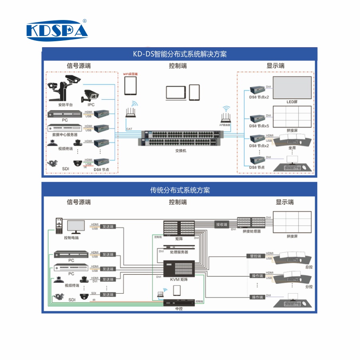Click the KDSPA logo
pyautogui.click(x=57, y=30)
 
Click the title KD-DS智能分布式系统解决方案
pyautogui.click(x=180, y=54)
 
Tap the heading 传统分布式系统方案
pyautogui.click(x=180, y=190)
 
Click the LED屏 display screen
pyautogui.click(x=292, y=88)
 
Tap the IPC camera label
pyautogui.click(x=91, y=105)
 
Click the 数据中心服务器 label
pyautogui.click(x=64, y=135)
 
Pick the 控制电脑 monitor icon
pyautogui.click(x=76, y=227)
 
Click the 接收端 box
pyautogui.click(x=221, y=224)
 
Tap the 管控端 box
pyautogui.click(x=255, y=256)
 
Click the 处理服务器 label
pyautogui.click(x=179, y=252)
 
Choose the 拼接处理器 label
pyautogui.click(x=252, y=231)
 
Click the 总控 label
pyautogui.click(x=308, y=267)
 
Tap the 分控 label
pyautogui.click(x=308, y=286)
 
